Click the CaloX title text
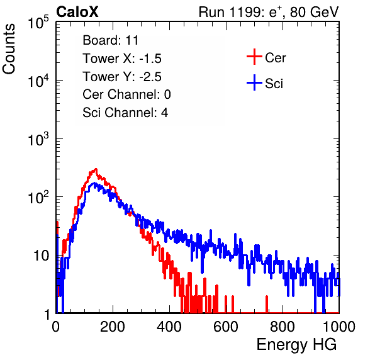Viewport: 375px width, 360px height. [77, 12]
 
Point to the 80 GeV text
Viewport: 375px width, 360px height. [314, 12]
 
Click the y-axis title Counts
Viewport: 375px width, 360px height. [9, 49]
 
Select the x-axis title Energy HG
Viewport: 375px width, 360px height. [296, 345]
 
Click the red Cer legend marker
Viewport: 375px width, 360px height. [254, 57]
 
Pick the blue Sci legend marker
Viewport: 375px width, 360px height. [254, 83]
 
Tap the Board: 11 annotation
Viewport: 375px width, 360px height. [111, 40]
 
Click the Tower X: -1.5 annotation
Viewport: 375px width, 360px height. [122, 59]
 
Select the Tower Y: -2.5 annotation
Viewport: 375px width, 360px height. [122, 77]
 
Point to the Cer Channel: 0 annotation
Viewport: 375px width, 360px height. [126, 94]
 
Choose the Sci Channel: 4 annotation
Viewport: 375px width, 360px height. [125, 113]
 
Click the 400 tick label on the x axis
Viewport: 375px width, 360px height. [169, 327]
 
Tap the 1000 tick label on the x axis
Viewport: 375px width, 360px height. [339, 327]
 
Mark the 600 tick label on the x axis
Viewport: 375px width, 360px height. [226, 327]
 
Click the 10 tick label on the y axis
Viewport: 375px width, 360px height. [41, 256]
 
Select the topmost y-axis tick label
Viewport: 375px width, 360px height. [38, 23]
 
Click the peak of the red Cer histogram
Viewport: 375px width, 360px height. [96, 169]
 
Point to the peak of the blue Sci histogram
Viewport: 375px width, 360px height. [94, 183]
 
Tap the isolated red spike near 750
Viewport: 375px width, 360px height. [267, 304]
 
